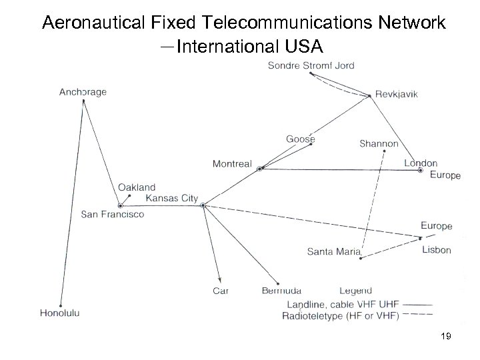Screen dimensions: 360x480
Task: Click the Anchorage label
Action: [83, 92]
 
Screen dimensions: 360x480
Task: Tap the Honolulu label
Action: [60, 312]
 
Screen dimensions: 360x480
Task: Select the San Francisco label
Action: [113, 214]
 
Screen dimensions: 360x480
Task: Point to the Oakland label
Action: [137, 188]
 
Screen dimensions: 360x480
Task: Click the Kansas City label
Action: [171, 198]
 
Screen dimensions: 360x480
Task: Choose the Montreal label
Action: [232, 164]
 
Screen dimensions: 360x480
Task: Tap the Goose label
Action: [300, 139]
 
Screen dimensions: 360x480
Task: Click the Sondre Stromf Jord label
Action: [311, 65]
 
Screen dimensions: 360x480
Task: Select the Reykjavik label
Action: [397, 94]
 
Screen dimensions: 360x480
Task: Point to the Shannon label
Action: [379, 143]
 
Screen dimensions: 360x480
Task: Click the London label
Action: [421, 163]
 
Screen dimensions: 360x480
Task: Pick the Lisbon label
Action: [437, 250]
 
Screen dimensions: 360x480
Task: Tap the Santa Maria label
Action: [333, 251]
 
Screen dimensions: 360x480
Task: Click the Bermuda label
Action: [282, 290]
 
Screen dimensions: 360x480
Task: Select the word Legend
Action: [355, 290]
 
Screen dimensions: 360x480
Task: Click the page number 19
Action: [446, 337]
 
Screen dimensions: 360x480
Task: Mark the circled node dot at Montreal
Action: [259, 169]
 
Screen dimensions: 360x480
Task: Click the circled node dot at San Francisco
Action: [120, 205]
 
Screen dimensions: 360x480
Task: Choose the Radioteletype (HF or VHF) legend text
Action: [341, 316]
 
